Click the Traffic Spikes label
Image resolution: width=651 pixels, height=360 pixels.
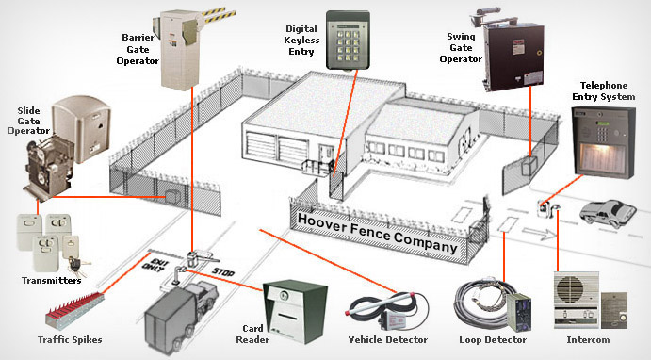coord(70,339)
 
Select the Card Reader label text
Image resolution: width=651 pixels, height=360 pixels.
coord(252,335)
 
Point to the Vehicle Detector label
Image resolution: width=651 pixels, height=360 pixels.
coord(388,339)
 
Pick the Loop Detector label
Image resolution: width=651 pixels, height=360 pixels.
coord(493,339)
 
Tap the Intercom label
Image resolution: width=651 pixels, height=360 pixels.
coord(588,339)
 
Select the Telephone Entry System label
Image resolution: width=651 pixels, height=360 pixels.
coord(604,90)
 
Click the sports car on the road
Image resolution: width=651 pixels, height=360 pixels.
coord(608,214)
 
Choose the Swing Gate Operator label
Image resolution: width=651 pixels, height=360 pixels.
coord(461,48)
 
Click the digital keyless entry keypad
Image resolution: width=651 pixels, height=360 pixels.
coord(348,40)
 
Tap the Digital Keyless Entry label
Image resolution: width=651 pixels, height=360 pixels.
coord(301,41)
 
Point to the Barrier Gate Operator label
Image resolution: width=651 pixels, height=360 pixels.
coord(138,49)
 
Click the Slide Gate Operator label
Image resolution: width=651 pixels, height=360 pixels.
coord(28,121)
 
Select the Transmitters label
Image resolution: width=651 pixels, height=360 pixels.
coord(52,281)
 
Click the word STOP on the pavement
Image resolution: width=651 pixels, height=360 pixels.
coord(223,272)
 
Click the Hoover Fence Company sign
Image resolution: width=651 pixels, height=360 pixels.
coord(378,233)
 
